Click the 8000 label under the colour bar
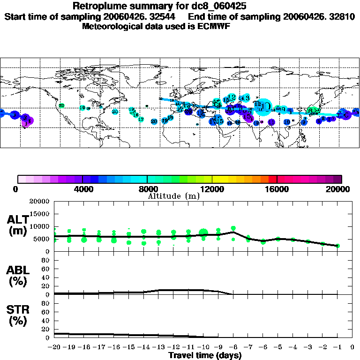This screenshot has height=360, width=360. [x=147, y=189]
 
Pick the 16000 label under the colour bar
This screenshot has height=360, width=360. [x=277, y=189]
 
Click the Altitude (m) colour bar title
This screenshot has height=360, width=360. [x=174, y=196]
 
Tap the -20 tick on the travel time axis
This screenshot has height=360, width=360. [x=54, y=348]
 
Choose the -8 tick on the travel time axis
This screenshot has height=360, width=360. [x=233, y=348]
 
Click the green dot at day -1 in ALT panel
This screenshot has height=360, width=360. [x=338, y=246]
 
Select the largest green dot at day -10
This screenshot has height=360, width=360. [x=203, y=232]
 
